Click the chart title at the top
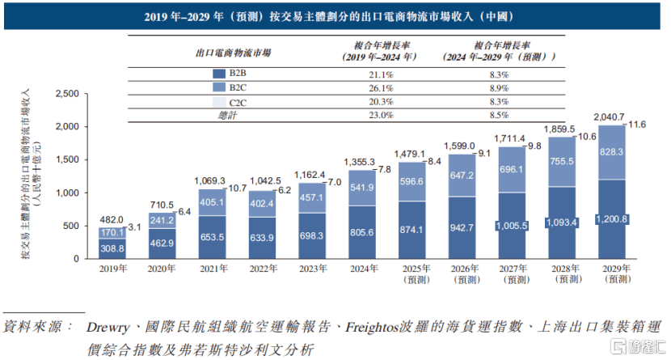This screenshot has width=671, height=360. click(x=335, y=16)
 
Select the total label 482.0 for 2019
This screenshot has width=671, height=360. click(x=112, y=219)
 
